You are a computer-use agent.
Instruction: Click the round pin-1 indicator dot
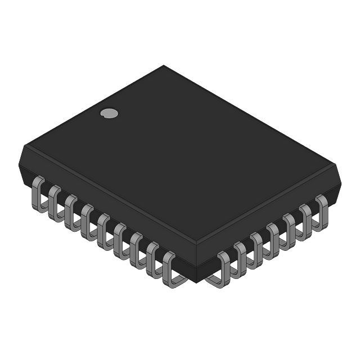coord(109,113)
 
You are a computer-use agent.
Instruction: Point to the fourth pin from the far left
coord(87,219)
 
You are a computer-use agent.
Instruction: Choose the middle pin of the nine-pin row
coord(103,229)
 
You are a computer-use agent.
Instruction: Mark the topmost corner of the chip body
coord(165,65)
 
